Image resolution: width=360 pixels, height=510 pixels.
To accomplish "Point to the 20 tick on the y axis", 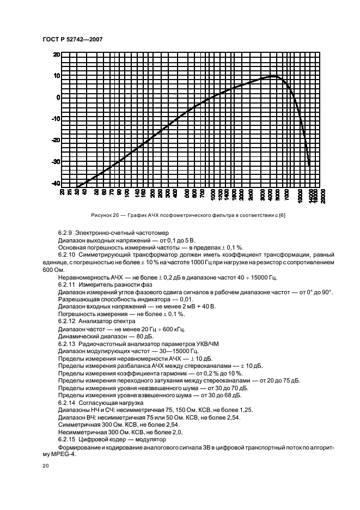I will [56, 55].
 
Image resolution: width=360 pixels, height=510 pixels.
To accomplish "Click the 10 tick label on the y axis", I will [56, 76].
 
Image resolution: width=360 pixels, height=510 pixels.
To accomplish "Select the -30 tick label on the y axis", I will [56, 162].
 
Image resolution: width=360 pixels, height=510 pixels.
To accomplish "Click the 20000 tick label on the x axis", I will [323, 195].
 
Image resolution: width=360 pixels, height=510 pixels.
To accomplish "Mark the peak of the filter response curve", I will [274, 76].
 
